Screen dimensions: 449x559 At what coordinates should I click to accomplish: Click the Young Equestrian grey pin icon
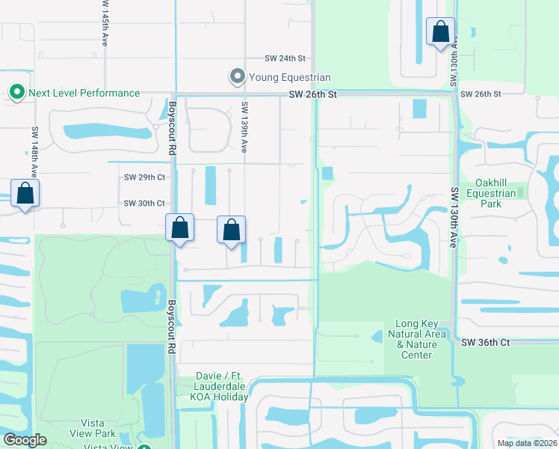tap(238, 76)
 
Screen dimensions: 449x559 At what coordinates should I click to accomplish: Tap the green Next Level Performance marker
tap(16, 92)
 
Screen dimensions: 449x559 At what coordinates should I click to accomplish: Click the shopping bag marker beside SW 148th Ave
tap(25, 193)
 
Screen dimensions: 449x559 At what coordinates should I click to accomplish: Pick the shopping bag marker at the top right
tap(440, 32)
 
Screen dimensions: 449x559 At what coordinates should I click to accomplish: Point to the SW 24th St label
tap(286, 58)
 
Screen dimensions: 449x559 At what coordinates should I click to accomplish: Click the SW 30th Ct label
tap(143, 204)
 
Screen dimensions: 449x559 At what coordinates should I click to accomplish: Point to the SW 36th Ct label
tap(485, 342)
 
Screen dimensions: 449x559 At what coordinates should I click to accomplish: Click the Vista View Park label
tap(94, 428)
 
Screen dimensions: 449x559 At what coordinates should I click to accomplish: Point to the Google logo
tap(25, 440)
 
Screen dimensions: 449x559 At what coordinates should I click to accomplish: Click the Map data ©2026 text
tap(527, 443)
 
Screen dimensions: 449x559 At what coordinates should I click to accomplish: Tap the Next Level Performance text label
tap(84, 93)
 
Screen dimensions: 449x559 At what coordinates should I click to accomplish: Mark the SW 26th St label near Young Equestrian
tap(314, 94)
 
